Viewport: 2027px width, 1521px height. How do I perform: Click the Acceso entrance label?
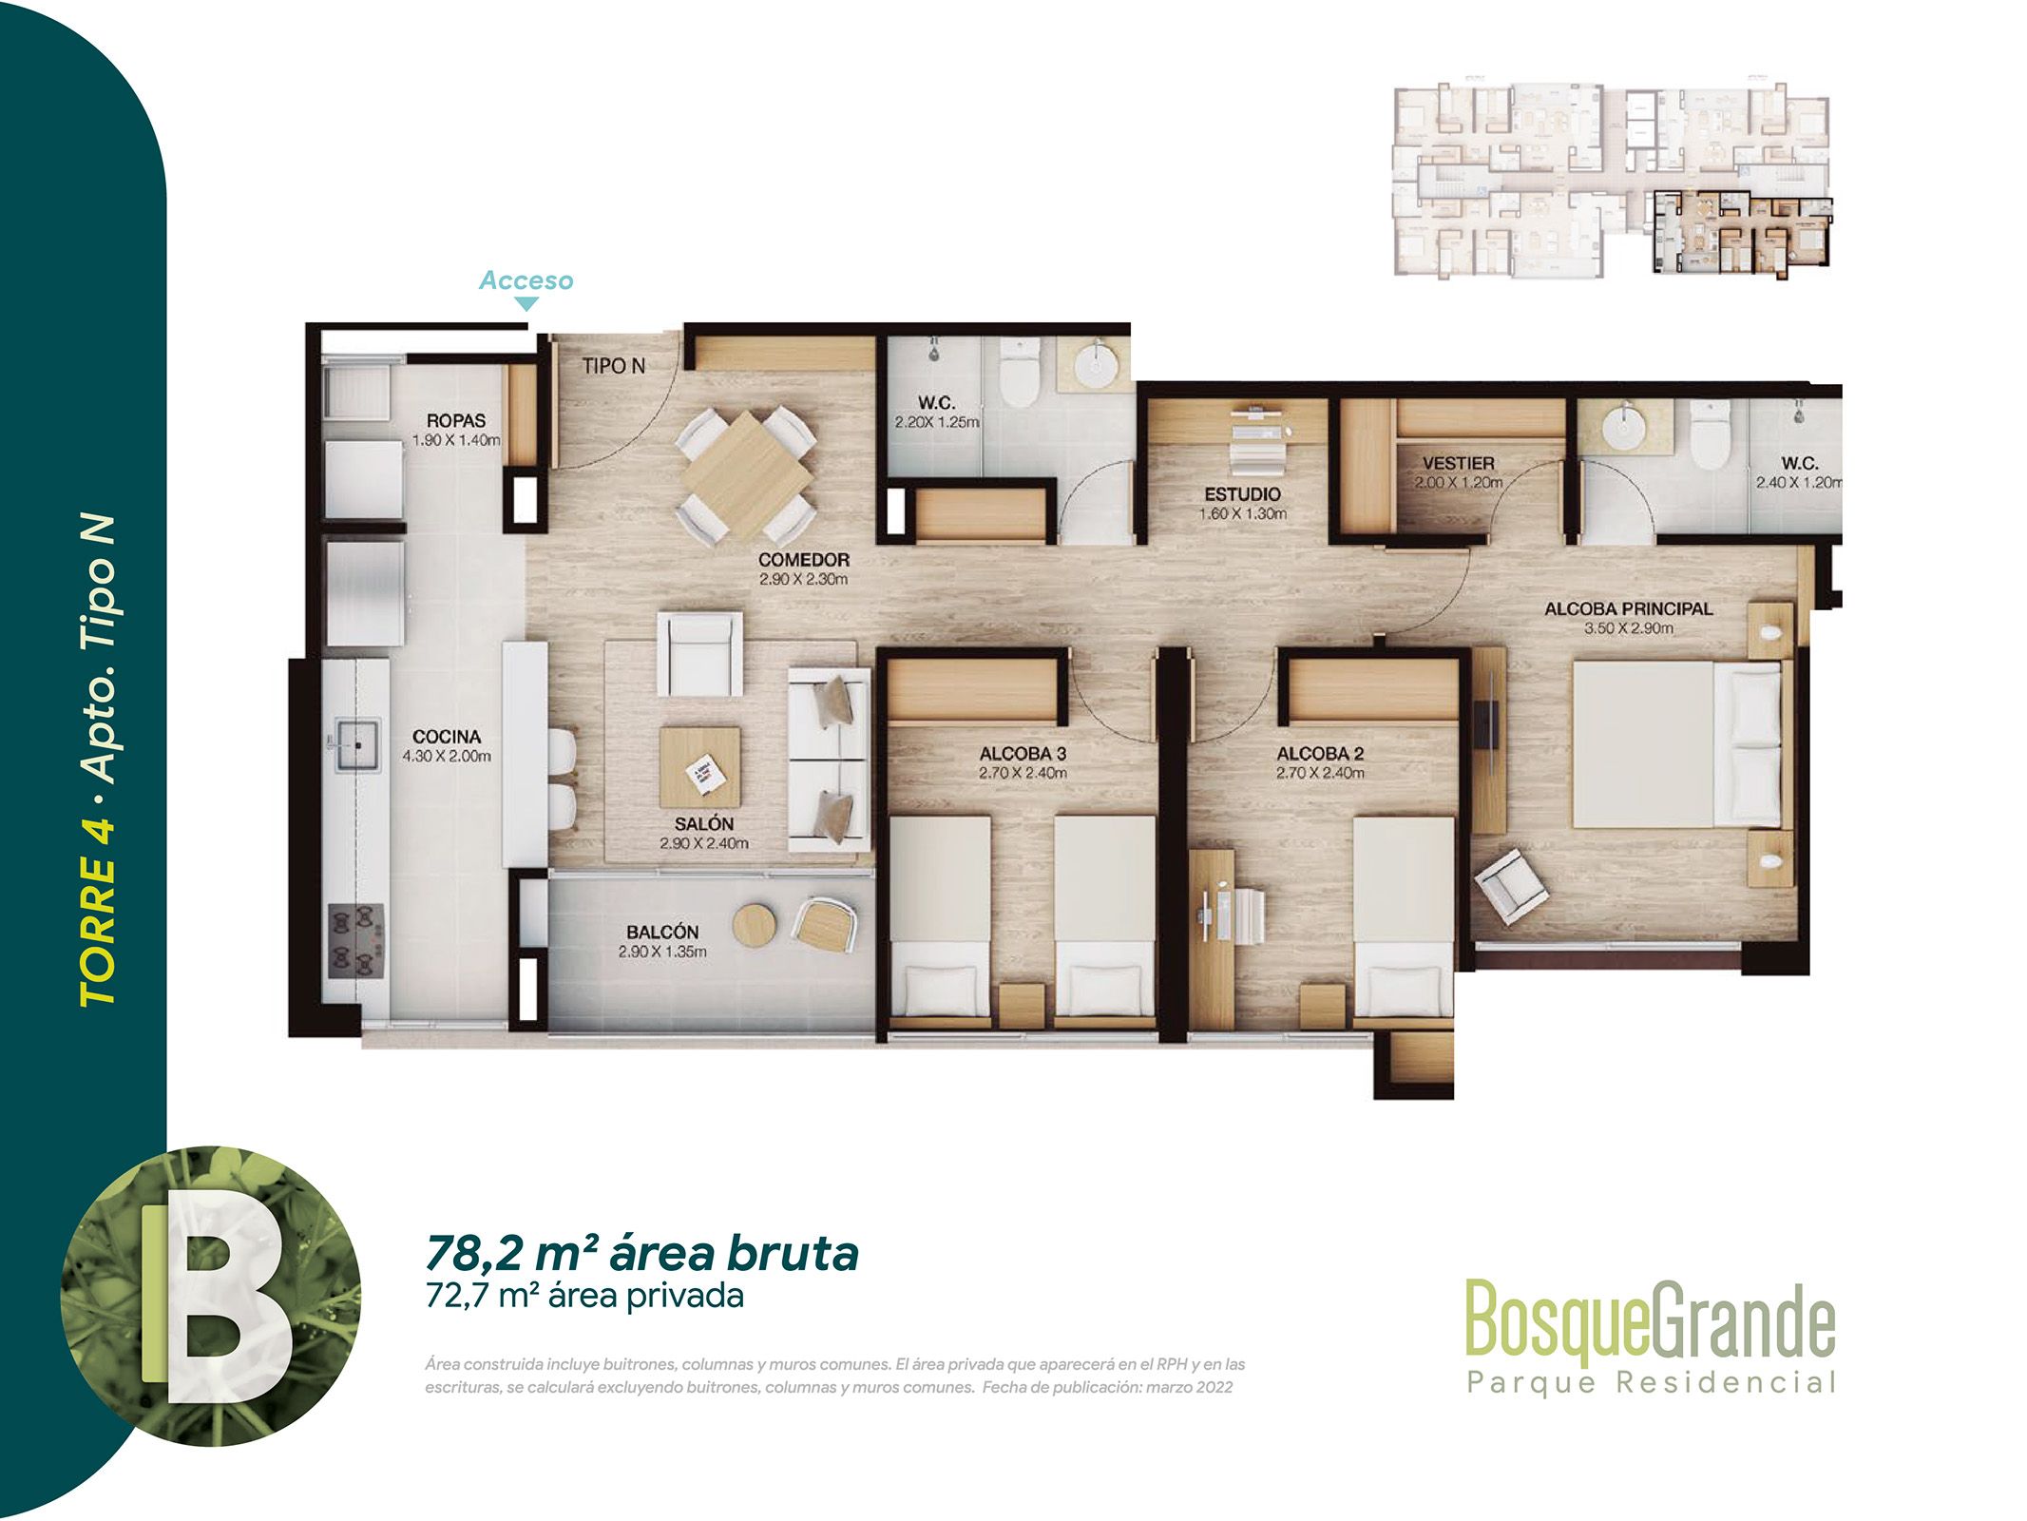tap(526, 280)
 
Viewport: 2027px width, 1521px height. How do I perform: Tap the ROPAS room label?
tap(456, 420)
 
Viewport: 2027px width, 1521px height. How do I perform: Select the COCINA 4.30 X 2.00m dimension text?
tap(447, 757)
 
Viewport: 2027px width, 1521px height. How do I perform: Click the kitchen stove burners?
tap(356, 941)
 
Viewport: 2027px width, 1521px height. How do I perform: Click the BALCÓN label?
tap(662, 933)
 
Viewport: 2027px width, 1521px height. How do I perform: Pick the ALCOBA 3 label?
tap(1023, 754)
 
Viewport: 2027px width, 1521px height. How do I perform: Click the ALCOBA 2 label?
tap(1320, 754)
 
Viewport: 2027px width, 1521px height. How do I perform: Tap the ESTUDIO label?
tap(1242, 494)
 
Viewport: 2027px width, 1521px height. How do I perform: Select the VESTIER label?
tap(1459, 464)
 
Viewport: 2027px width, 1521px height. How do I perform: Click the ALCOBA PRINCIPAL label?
tap(1628, 608)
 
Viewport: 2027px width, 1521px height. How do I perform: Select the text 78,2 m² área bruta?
tap(641, 1253)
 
